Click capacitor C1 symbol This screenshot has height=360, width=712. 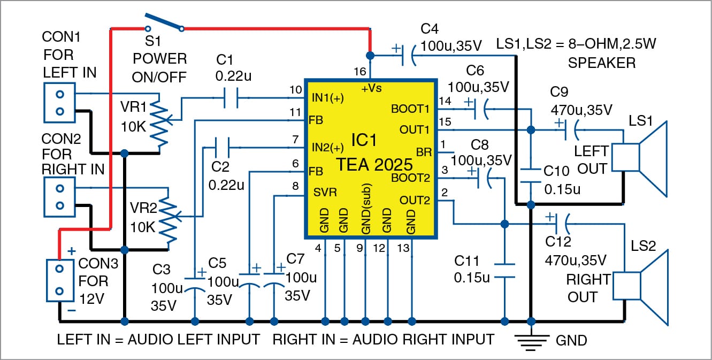pyautogui.click(x=229, y=97)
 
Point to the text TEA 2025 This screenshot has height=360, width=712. pyautogui.click(x=374, y=164)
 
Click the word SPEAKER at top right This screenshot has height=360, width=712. pyautogui.click(x=602, y=63)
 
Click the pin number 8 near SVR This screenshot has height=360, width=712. pyautogui.click(x=295, y=187)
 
